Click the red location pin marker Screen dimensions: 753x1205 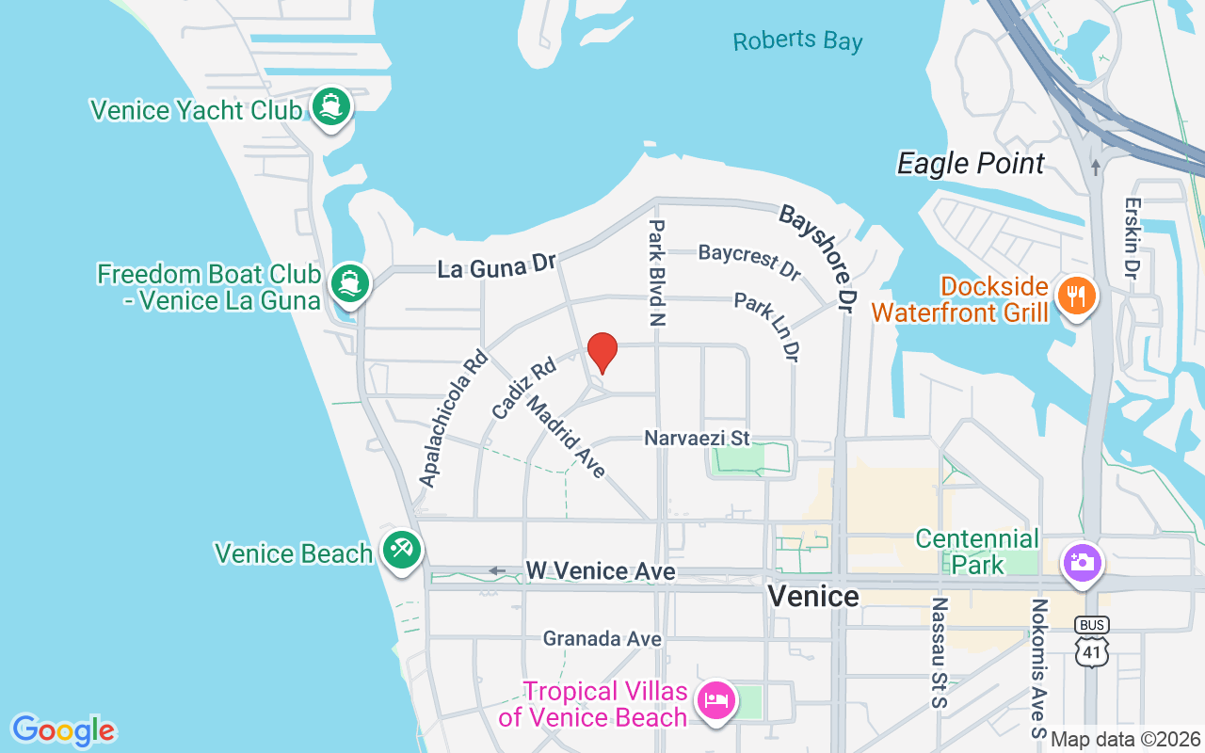click(x=602, y=353)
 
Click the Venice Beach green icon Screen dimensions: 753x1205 click(x=402, y=548)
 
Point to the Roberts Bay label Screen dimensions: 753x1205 click(x=797, y=41)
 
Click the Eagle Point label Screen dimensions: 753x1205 click(x=971, y=164)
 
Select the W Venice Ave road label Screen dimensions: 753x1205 click(x=600, y=571)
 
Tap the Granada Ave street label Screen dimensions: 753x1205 click(x=602, y=639)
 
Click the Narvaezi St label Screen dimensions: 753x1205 click(x=697, y=438)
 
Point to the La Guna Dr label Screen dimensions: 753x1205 click(x=497, y=266)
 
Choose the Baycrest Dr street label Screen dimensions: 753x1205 click(x=750, y=261)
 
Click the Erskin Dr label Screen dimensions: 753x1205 click(x=1133, y=236)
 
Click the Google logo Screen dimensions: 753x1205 click(x=63, y=730)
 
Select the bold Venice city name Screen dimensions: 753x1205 click(x=813, y=596)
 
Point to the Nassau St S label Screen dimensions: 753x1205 click(x=939, y=651)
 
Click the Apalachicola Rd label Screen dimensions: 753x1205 click(x=454, y=418)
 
